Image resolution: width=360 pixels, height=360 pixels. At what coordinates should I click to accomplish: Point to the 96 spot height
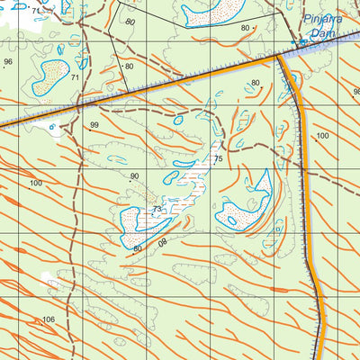click(x=8, y=62)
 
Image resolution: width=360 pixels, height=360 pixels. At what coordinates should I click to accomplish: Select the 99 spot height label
click(x=94, y=125)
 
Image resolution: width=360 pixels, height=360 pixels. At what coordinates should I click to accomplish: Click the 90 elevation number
click(x=135, y=176)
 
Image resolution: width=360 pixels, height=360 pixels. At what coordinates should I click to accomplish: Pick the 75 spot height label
click(x=217, y=159)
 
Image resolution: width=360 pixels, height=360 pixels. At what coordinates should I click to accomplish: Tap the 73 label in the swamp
click(x=157, y=209)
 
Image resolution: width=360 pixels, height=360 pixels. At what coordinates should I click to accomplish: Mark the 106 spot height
click(x=49, y=319)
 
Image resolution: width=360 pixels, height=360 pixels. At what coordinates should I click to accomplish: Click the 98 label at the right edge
click(x=355, y=92)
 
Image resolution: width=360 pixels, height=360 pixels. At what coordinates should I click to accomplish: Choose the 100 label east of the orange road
click(x=322, y=136)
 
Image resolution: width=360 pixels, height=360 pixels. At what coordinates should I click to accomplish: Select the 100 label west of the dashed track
click(x=36, y=183)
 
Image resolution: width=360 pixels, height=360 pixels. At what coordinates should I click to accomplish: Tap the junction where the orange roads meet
click(x=278, y=56)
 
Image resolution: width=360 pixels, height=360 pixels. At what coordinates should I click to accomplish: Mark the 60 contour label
click(x=138, y=247)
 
